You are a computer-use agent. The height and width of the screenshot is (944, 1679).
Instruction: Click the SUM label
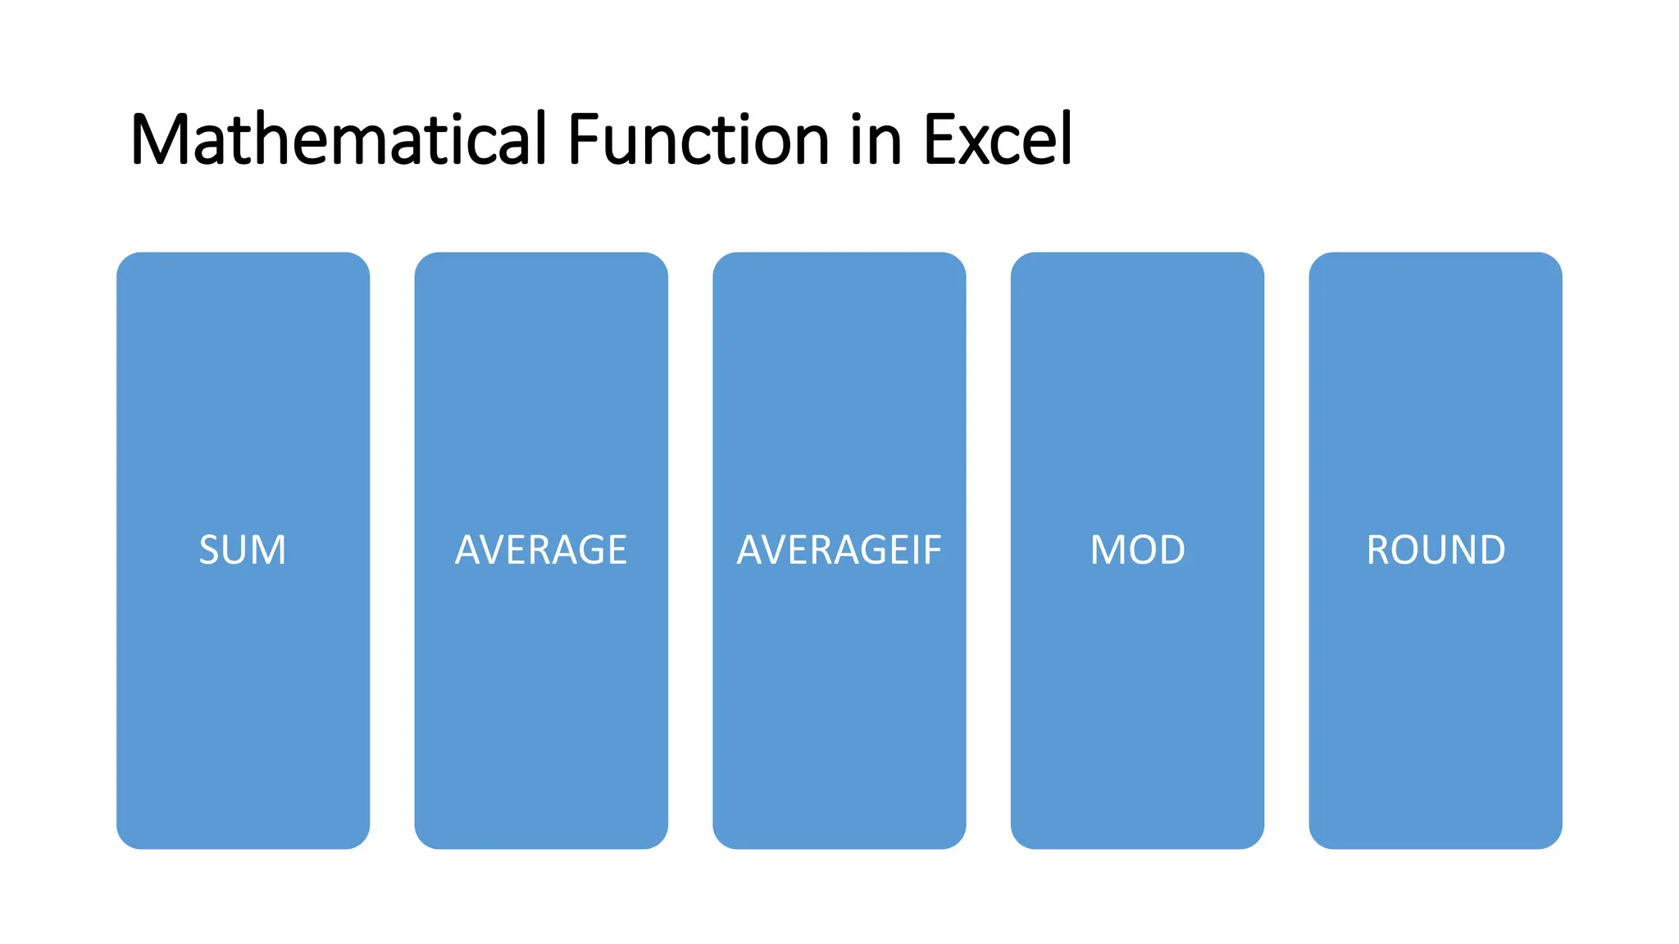(243, 550)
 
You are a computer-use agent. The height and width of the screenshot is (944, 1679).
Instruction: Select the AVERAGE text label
(541, 550)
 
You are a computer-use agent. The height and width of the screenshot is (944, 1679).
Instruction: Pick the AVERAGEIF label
(839, 550)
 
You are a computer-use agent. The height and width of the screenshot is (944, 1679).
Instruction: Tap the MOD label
(1137, 550)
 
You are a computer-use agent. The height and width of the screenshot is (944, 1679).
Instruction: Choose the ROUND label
(1436, 550)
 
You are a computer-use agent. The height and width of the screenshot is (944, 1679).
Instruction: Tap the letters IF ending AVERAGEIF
(926, 550)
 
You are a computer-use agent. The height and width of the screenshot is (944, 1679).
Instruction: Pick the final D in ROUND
(1491, 550)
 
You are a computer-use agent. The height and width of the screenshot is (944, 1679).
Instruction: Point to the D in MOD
(1171, 550)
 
